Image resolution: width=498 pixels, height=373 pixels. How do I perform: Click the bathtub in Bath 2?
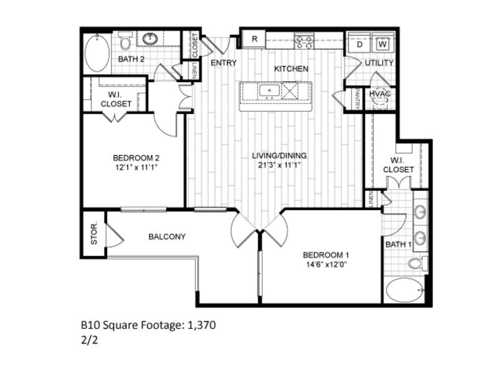pyautogui.click(x=96, y=53)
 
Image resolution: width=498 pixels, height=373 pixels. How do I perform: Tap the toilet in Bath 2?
pyautogui.click(x=125, y=43)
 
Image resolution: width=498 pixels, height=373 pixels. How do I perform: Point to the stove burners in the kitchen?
pyautogui.click(x=304, y=42)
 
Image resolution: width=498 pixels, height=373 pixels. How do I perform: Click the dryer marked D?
pyautogui.click(x=360, y=44)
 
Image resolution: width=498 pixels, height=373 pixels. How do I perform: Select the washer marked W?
pyautogui.click(x=383, y=44)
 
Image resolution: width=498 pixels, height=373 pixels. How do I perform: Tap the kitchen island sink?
pyautogui.click(x=270, y=91)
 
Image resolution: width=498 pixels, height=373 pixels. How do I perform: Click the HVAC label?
pyautogui.click(x=379, y=93)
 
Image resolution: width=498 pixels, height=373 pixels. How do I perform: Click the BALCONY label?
pyautogui.click(x=167, y=236)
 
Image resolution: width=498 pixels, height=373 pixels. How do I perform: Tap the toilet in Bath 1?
pyautogui.click(x=418, y=263)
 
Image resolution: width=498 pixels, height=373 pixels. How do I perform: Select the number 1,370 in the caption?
pyautogui.click(x=201, y=325)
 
